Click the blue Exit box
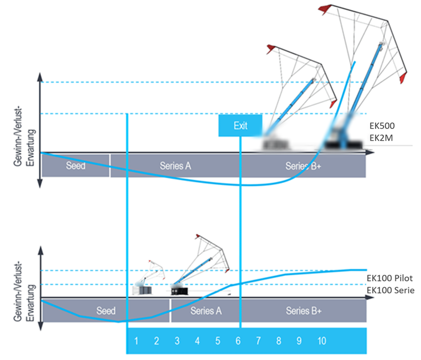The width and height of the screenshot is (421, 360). (241, 126)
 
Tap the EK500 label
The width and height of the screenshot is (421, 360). (382, 126)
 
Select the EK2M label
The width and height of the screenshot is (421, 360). (381, 138)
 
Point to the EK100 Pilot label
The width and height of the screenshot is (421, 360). (390, 278)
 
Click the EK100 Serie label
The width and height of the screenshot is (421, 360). (391, 290)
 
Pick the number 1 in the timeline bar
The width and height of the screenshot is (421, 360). (136, 341)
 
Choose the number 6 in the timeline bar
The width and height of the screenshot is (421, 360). (238, 341)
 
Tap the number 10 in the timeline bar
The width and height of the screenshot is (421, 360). (322, 341)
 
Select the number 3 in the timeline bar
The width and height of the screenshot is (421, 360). (177, 341)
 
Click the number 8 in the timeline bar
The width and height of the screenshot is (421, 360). (279, 341)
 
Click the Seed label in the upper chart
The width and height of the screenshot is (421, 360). (76, 166)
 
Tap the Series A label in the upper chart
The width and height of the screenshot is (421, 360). (175, 166)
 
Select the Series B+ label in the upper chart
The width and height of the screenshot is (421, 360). (303, 166)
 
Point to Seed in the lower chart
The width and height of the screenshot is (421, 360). (106, 311)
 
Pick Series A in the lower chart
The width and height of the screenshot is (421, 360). (206, 311)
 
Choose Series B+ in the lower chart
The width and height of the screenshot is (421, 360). (304, 311)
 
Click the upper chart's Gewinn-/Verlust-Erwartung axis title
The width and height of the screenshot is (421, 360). (25, 137)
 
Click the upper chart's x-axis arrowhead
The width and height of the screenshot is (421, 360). (370, 153)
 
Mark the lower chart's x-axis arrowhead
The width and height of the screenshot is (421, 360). (370, 297)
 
